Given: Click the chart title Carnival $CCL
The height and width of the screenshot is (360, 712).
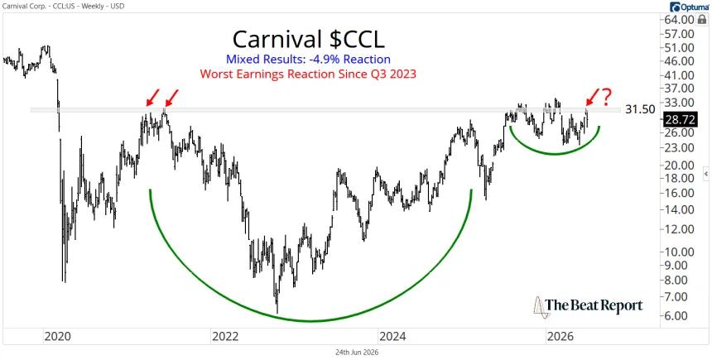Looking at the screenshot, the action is point(308,40).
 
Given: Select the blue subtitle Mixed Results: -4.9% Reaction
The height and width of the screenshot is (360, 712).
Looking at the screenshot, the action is point(308,60).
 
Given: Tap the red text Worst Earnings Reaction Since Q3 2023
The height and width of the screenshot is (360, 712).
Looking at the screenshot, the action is point(308,74).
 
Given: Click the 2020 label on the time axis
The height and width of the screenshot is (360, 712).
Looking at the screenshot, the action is point(58,338).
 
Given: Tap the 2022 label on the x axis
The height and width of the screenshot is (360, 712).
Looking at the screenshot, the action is point(226,338).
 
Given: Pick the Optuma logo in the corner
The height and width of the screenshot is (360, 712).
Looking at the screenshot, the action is point(687,7).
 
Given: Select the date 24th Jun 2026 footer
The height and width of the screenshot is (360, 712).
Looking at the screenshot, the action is point(356,353).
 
